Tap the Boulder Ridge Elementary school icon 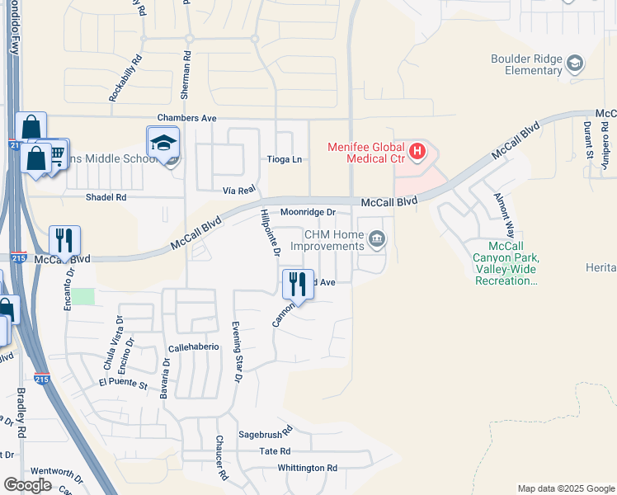click(575, 63)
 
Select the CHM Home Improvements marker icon click(377, 240)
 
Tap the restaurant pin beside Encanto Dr click(64, 240)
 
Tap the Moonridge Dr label click(308, 212)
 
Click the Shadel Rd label click(106, 198)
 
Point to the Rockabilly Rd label click(125, 79)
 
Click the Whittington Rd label click(307, 468)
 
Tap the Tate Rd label click(275, 451)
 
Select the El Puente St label click(122, 384)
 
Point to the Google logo click(28, 485)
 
